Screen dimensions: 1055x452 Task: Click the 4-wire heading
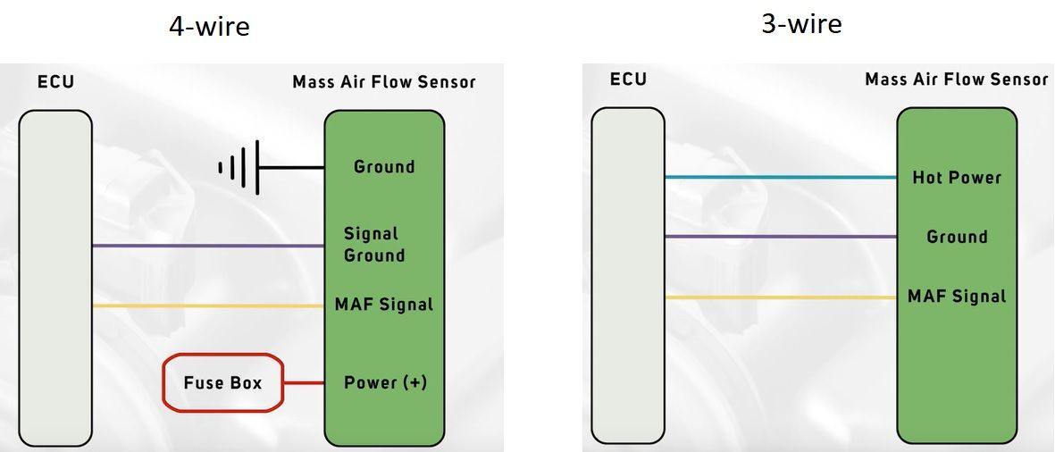209,26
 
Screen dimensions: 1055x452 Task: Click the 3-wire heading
801,23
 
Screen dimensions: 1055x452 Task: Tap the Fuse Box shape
222,382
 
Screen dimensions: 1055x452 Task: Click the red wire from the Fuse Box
304,383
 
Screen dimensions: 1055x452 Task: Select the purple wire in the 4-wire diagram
208,247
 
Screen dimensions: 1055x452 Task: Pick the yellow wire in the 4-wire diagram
208,306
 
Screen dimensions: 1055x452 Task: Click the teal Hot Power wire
781,178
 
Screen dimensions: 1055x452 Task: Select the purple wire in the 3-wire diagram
781,237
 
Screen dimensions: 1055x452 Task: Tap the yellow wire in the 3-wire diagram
781,297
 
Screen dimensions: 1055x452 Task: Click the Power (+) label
385,382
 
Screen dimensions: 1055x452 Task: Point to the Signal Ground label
374,244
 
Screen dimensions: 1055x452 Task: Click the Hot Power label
957,178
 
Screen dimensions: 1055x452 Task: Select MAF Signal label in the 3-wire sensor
957,297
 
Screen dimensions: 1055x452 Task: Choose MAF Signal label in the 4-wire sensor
384,305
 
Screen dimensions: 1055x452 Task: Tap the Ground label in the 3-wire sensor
957,237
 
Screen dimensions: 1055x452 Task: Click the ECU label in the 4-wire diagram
55,83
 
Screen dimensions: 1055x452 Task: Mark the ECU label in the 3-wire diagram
628,80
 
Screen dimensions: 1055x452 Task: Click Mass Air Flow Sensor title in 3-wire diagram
956,80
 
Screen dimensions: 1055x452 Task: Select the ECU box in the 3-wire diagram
628,275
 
